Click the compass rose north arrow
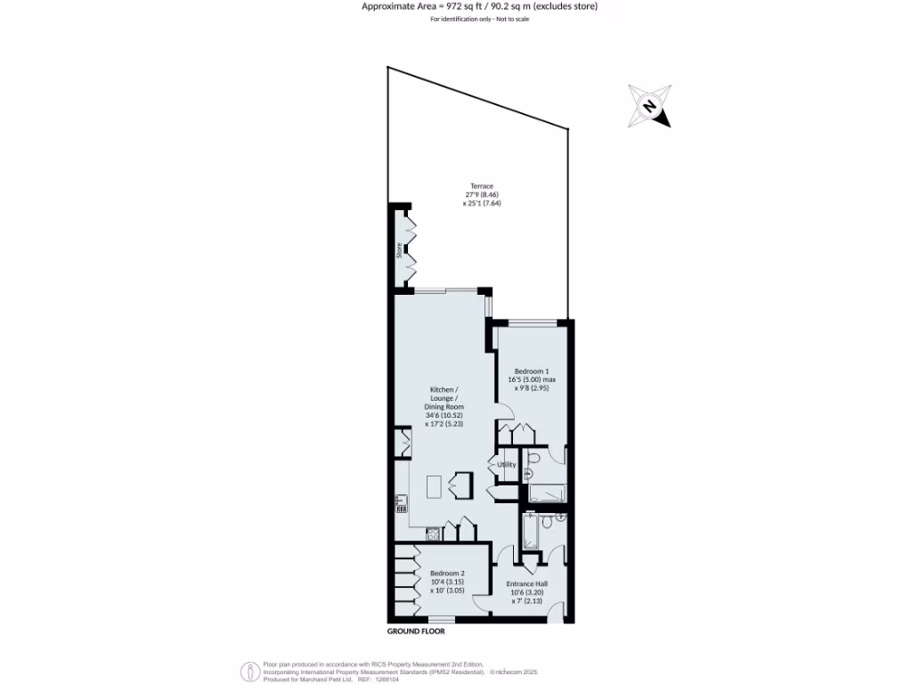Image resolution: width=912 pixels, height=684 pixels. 650,107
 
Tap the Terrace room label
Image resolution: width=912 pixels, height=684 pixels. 482,186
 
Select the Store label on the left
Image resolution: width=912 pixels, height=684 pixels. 400,252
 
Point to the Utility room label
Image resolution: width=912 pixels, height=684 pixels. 507,464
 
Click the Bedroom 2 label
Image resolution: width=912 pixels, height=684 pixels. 447,574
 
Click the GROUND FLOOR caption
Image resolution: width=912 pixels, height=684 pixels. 416,631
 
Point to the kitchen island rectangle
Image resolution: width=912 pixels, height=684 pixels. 435,486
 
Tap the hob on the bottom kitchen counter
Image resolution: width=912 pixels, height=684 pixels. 432,533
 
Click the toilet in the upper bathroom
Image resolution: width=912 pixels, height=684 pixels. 532,460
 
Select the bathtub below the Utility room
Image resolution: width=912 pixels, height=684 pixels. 545,493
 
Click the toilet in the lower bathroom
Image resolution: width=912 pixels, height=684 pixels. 560,517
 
